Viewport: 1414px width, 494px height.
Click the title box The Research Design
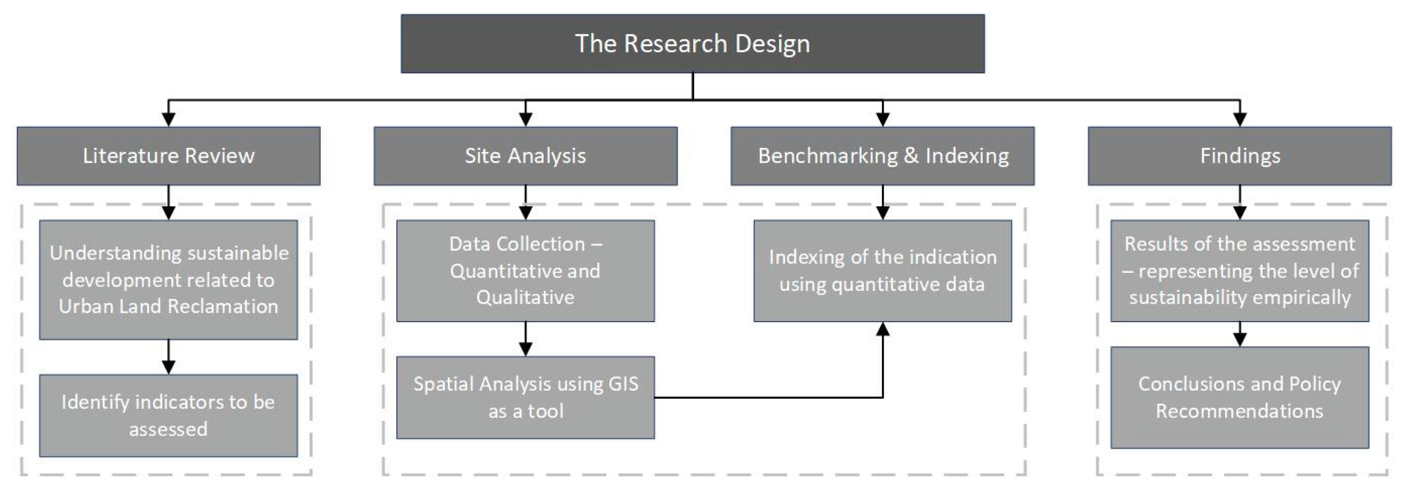coord(692,44)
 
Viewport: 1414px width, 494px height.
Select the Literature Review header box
coord(169,156)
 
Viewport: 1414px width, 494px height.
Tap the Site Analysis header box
coord(526,156)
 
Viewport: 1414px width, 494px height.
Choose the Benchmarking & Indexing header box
coord(882,156)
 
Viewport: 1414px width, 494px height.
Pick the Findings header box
coord(1239,156)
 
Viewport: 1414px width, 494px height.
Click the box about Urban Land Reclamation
coord(169,279)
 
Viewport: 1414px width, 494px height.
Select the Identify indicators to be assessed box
coord(169,415)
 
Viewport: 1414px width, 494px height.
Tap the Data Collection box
coord(526,271)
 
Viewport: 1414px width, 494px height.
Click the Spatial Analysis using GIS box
coord(526,397)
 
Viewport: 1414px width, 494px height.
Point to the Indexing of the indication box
coord(882,271)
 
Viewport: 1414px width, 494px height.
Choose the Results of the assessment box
coord(1239,271)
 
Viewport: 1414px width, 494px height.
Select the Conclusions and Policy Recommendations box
coord(1239,397)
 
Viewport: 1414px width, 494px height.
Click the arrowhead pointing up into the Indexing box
coord(882,329)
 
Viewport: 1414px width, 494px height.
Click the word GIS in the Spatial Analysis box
coord(623,384)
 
